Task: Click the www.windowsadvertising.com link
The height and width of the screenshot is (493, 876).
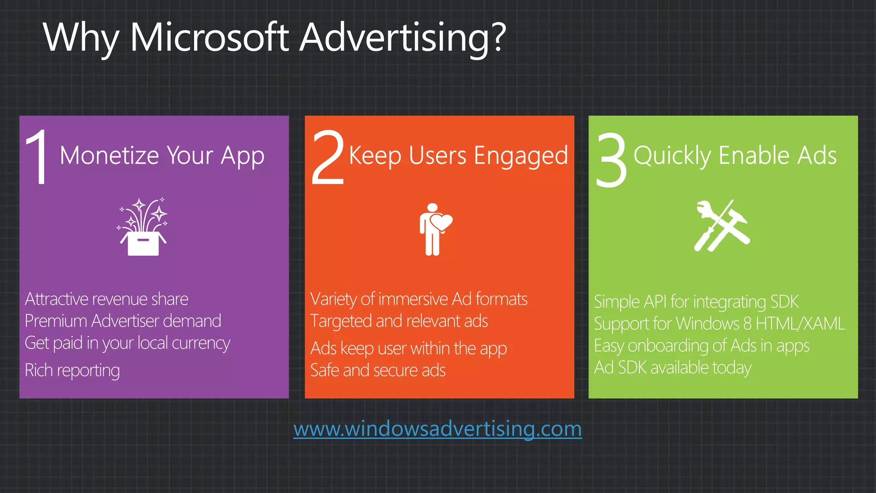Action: [x=437, y=429]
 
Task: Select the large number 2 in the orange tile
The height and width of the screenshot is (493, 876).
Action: [x=328, y=157]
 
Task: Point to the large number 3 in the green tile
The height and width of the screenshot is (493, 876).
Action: [x=612, y=159]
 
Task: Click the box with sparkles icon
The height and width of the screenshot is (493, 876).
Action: [x=143, y=227]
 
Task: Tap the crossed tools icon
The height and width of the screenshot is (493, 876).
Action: [x=721, y=226]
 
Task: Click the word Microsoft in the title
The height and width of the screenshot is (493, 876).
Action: [x=210, y=38]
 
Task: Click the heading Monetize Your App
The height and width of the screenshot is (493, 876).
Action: [x=162, y=155]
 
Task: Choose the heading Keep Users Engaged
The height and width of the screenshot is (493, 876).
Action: [x=458, y=155]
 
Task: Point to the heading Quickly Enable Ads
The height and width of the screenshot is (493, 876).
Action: [x=735, y=155]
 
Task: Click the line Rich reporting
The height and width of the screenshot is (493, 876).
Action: [x=72, y=370]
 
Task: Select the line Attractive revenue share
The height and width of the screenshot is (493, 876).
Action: [x=107, y=299]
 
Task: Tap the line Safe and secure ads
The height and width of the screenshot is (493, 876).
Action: [x=378, y=370]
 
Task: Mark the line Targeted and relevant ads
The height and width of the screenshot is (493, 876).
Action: [x=399, y=321]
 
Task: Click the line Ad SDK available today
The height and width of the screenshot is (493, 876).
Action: [x=672, y=368]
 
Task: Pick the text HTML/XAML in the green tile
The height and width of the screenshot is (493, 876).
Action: [x=800, y=324]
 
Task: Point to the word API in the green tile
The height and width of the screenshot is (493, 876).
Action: [x=655, y=302]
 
